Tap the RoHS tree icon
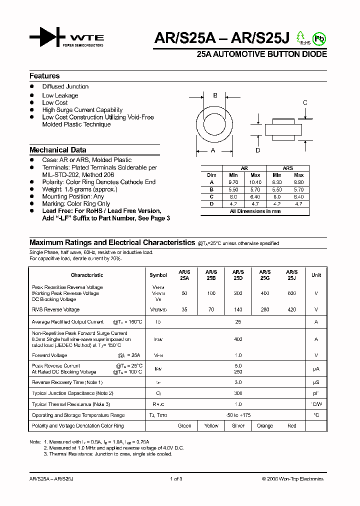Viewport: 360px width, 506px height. point(300,37)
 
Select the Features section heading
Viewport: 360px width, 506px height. point(44,76)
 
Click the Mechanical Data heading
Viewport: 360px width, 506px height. point(57,150)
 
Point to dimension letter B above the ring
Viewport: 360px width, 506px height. point(215,95)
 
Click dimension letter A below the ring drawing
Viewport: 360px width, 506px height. point(212,150)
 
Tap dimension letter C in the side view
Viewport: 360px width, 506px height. point(305,103)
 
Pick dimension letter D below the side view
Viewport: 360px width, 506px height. point(257,150)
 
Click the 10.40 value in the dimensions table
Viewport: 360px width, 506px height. point(255,182)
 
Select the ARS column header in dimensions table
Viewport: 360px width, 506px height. point(287,168)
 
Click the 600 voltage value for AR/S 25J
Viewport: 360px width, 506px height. point(292,293)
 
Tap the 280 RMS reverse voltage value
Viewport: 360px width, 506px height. point(265,309)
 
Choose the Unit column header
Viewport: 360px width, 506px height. point(316,275)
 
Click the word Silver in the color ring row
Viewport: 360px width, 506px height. point(238,426)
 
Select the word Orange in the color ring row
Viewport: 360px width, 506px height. point(265,426)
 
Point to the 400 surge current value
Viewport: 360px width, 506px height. point(238,339)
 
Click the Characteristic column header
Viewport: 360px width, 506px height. point(87,275)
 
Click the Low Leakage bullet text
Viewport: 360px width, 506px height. point(60,95)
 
